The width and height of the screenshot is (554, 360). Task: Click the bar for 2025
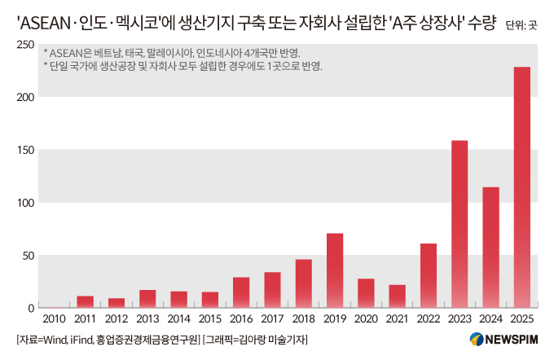[522, 187]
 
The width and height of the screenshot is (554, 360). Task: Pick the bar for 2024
[490, 248]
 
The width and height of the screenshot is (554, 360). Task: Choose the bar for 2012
[117, 303]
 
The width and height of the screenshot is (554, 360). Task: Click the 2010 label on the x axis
[54, 319]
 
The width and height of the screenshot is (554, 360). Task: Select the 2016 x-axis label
[241, 319]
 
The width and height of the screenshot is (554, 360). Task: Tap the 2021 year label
[397, 319]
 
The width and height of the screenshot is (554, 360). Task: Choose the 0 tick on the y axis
[29, 308]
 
